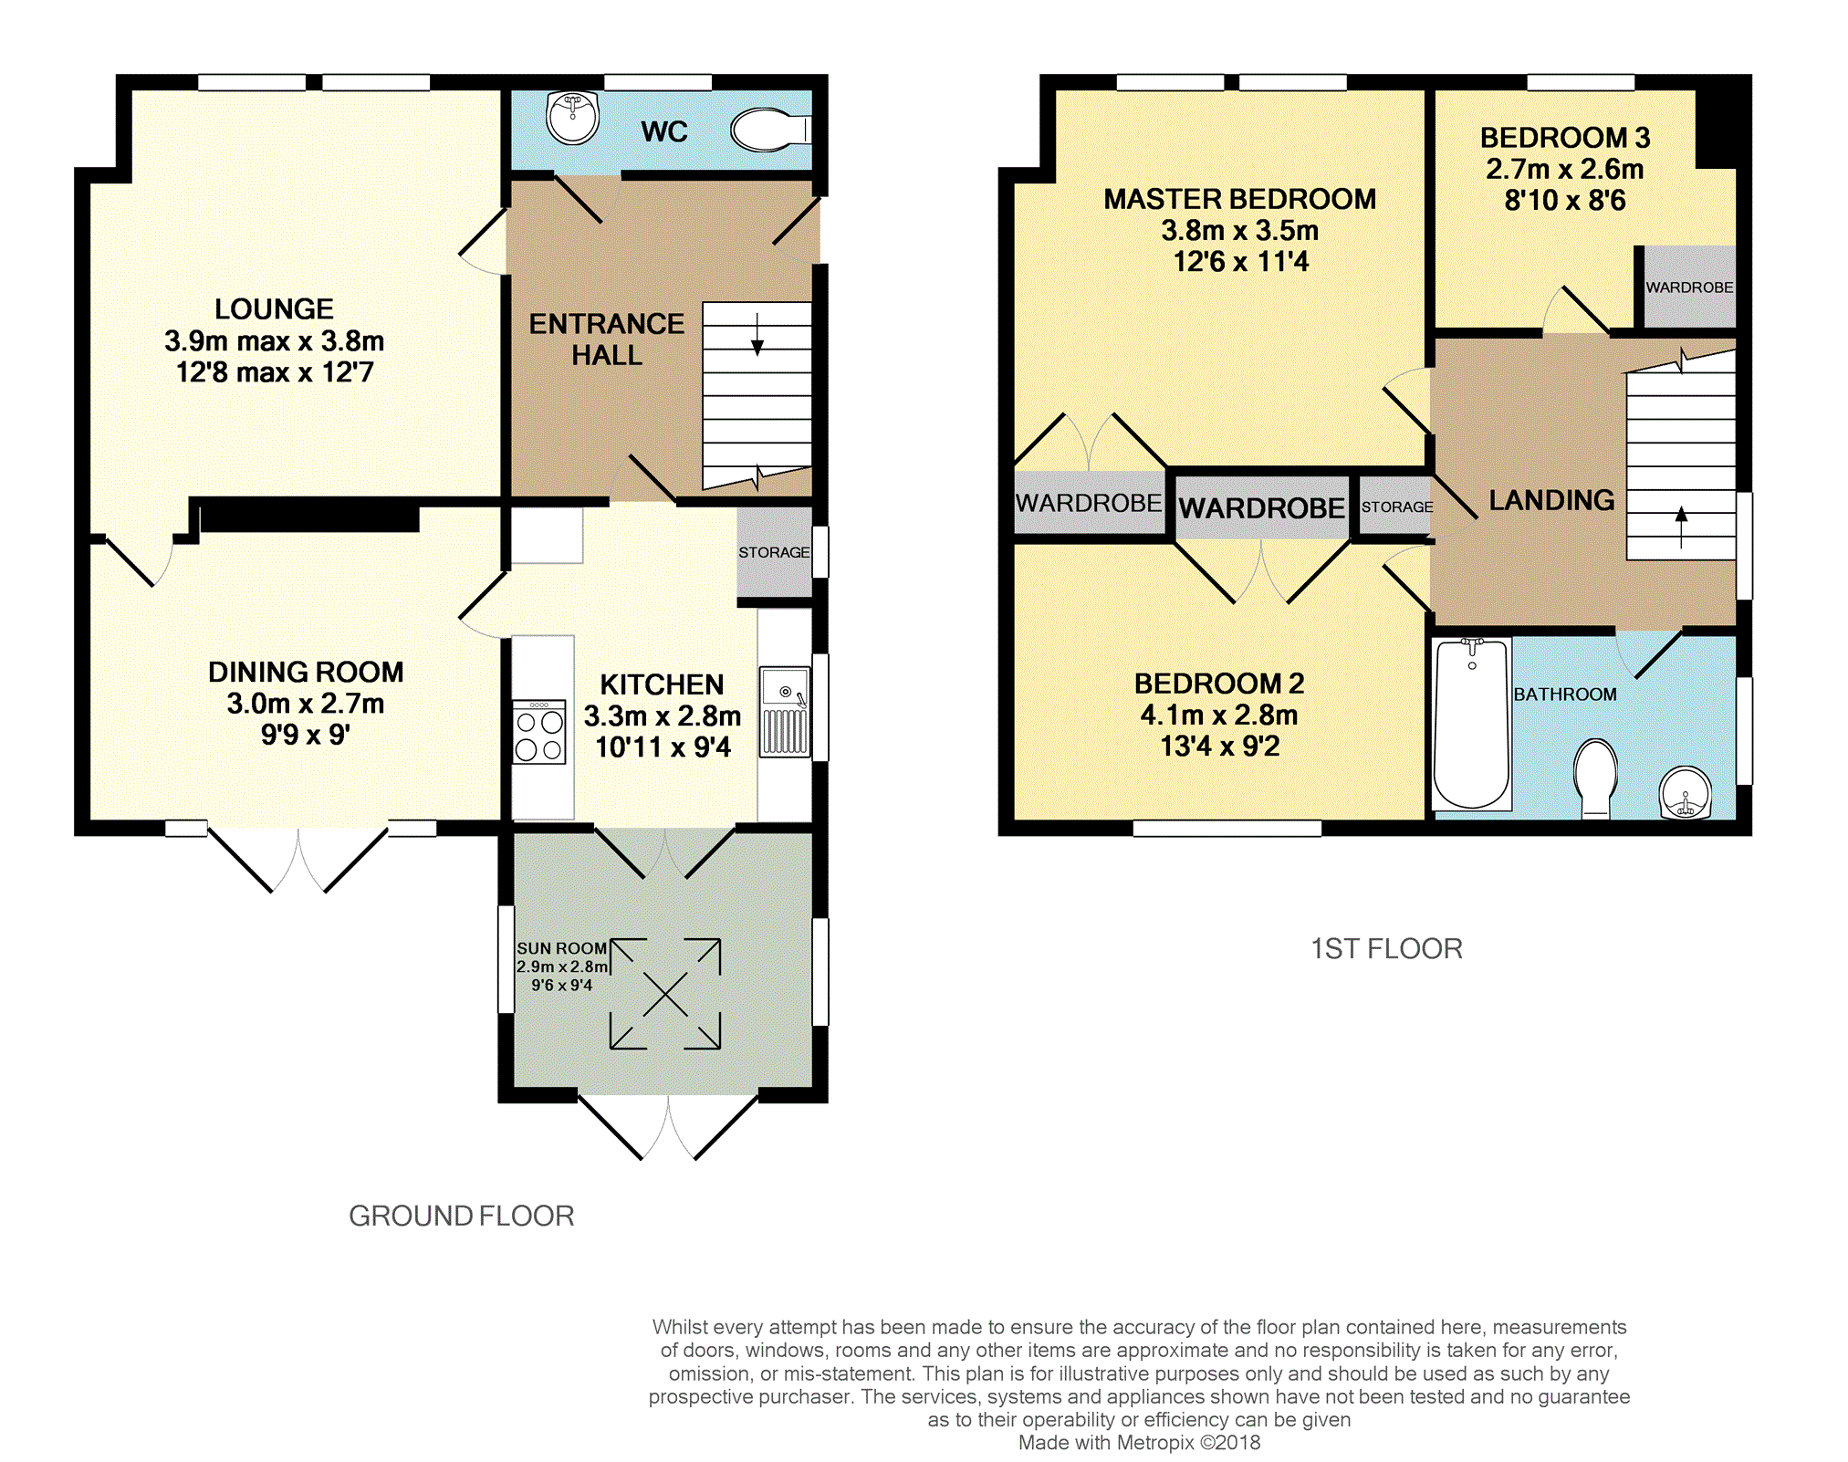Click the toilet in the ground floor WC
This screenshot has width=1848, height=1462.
pyautogui.click(x=770, y=131)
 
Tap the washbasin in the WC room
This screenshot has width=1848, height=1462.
pyautogui.click(x=572, y=118)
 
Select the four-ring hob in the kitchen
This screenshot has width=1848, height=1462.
pyautogui.click(x=539, y=732)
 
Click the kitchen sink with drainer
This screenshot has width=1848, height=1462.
pyautogui.click(x=785, y=713)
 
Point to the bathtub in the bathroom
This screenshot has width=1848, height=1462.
pyautogui.click(x=1471, y=724)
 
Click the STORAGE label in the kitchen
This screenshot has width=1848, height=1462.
pyautogui.click(x=774, y=552)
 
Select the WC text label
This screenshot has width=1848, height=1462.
pyautogui.click(x=663, y=131)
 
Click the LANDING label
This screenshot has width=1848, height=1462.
pyautogui.click(x=1551, y=500)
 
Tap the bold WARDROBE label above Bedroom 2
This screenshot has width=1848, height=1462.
pyautogui.click(x=1262, y=507)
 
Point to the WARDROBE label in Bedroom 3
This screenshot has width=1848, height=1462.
pyautogui.click(x=1689, y=287)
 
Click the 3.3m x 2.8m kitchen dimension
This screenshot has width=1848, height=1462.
pyautogui.click(x=663, y=715)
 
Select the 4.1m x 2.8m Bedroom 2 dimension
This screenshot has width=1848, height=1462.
pyautogui.click(x=1219, y=715)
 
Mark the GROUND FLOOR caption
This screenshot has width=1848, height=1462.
pyautogui.click(x=462, y=1216)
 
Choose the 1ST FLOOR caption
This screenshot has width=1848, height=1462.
pyautogui.click(x=1386, y=949)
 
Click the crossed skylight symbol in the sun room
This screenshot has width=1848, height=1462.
pyautogui.click(x=665, y=994)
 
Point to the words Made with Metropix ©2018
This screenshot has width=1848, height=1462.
pyautogui.click(x=1139, y=1443)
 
